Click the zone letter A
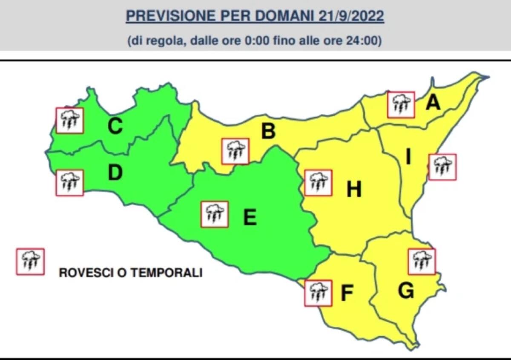point(433,103)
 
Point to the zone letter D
point(115,173)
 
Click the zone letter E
point(249,218)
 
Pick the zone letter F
point(347,294)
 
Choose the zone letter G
point(406,291)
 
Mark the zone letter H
point(353,190)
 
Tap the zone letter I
point(408,158)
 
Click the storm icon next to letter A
point(401,104)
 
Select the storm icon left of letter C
point(70,120)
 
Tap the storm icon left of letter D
point(69,183)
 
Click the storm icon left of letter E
point(215,214)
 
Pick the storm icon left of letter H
point(318,183)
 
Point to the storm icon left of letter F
point(318,293)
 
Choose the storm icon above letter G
point(422,262)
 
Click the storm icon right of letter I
point(442,167)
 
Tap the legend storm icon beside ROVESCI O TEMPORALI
point(30,262)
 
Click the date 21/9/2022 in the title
point(351,17)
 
